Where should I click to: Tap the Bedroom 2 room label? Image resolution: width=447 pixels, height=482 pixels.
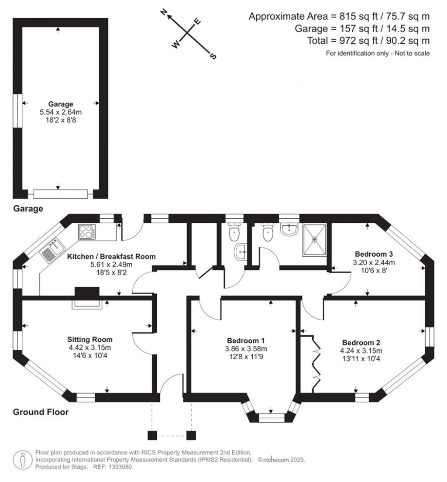pos(362,342)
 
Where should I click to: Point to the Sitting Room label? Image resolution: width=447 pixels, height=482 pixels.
pos(90,339)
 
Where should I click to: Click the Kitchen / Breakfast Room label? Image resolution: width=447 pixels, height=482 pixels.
pos(111,256)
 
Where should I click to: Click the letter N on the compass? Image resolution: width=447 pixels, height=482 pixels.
pos(164,13)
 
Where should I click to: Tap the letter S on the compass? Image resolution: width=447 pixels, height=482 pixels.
pos(213,56)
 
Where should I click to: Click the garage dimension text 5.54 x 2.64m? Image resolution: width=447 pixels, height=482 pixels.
pos(60,112)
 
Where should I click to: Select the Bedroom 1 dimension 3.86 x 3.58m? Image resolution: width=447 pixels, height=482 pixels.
pos(245,348)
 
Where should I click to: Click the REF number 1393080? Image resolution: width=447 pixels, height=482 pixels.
pos(118,467)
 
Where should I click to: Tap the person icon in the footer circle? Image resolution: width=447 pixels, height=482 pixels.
pos(22,459)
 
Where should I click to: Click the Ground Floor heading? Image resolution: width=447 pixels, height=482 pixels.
pos(41,412)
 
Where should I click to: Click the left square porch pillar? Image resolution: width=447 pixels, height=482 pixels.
pos(152,435)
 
